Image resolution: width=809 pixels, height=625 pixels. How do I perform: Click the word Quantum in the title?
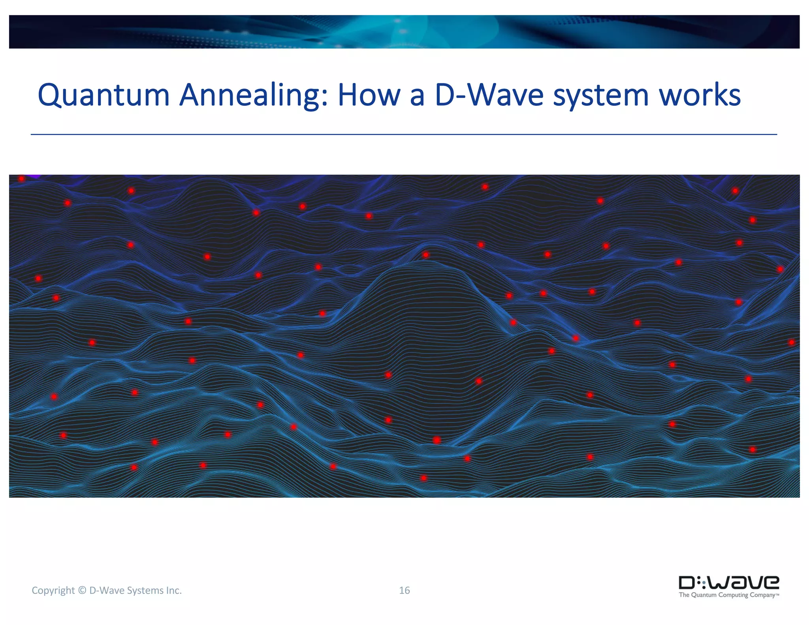click(x=103, y=96)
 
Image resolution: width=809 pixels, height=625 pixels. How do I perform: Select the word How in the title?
click(x=369, y=96)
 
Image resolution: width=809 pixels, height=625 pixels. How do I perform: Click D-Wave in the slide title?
click(x=489, y=96)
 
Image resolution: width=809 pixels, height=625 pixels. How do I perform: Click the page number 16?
click(x=404, y=590)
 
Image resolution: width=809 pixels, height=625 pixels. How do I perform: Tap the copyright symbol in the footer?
click(x=82, y=590)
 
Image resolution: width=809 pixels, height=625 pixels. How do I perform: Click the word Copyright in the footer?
click(x=53, y=591)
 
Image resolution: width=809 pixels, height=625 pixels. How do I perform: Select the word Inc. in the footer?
click(x=173, y=590)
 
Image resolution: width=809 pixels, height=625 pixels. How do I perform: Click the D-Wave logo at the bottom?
click(x=728, y=583)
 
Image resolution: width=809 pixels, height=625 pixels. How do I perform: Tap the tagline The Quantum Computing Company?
click(x=728, y=595)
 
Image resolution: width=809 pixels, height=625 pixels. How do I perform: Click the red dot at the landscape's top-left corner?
click(x=22, y=179)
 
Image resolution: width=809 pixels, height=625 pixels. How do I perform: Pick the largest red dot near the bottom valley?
click(x=436, y=440)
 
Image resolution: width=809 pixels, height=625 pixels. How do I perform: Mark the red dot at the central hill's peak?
click(x=425, y=255)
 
